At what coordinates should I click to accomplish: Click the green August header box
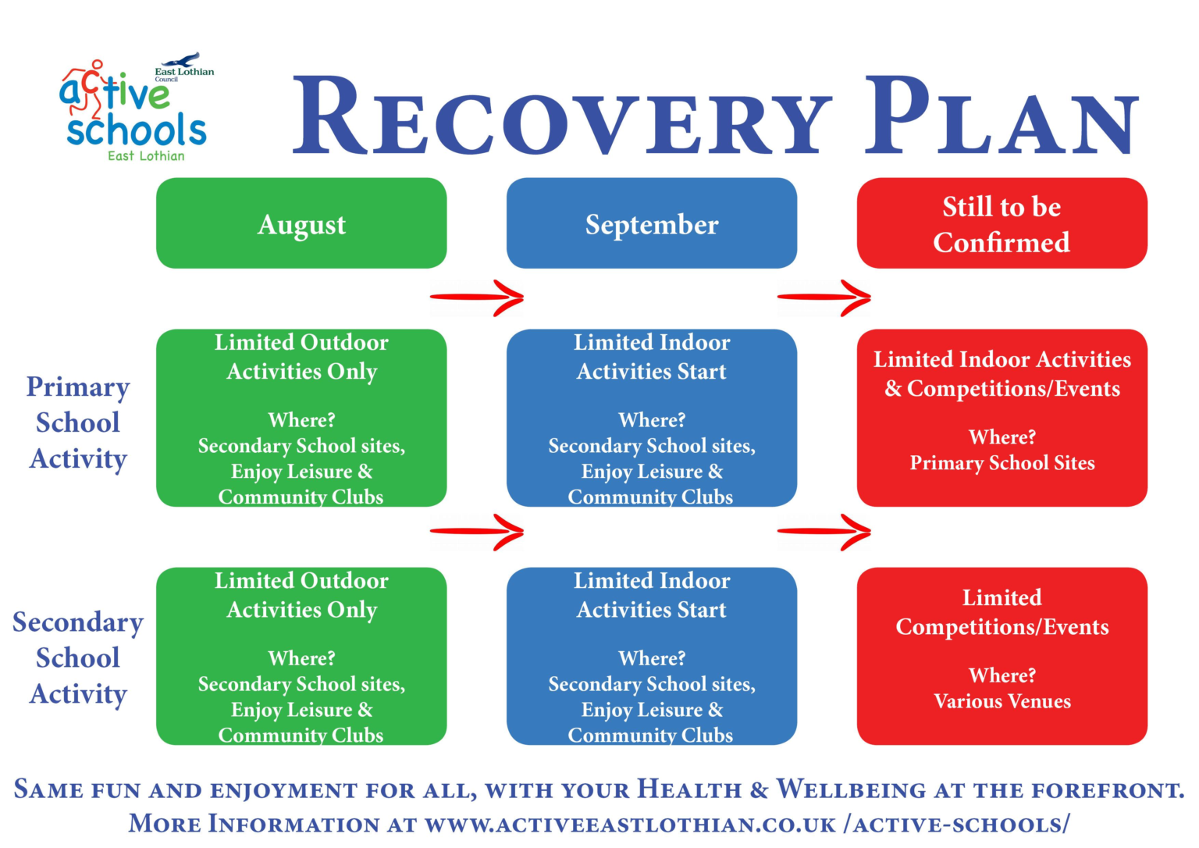(x=301, y=223)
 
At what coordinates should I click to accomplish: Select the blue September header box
(x=652, y=223)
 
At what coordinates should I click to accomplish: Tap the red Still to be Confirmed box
(x=1002, y=223)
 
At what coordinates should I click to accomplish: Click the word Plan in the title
(x=1002, y=117)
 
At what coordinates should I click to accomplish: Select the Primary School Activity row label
(x=78, y=422)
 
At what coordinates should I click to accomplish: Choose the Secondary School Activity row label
(x=78, y=657)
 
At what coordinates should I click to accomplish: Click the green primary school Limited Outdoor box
(x=301, y=418)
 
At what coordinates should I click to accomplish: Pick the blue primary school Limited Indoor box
(x=652, y=418)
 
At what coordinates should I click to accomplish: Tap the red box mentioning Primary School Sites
(x=1002, y=418)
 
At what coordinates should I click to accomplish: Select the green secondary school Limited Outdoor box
(x=301, y=656)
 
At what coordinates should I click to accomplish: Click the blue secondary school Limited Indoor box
(x=652, y=656)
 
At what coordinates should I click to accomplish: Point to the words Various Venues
(x=1002, y=701)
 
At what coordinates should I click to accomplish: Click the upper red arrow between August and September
(x=477, y=298)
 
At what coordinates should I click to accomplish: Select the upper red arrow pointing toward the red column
(x=824, y=298)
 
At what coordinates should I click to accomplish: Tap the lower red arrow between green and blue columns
(x=477, y=533)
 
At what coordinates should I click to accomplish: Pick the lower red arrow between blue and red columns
(x=824, y=533)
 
